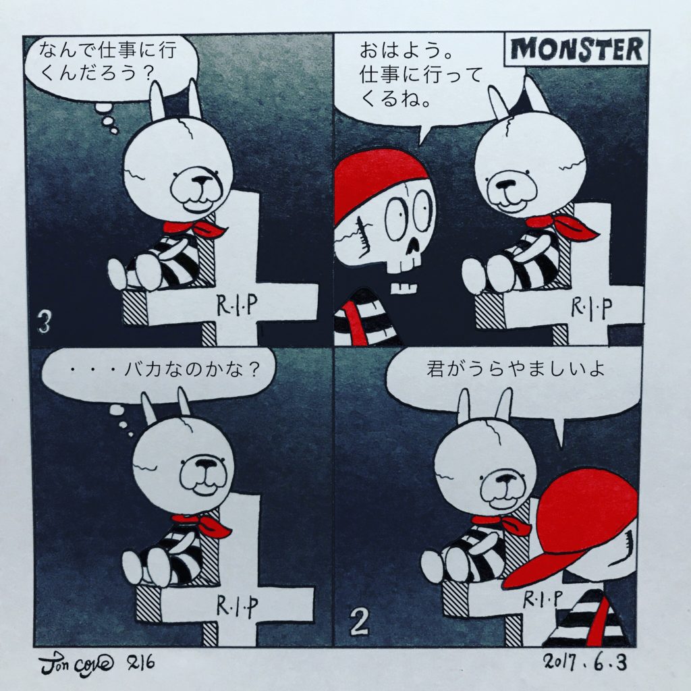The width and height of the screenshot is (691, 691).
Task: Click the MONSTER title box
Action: click(576, 48)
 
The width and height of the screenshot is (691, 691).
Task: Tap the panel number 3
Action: click(45, 322)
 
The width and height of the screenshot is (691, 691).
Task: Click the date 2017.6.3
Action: click(584, 661)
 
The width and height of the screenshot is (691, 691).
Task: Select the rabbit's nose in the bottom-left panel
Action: click(204, 464)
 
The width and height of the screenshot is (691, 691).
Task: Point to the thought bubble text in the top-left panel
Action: click(107, 61)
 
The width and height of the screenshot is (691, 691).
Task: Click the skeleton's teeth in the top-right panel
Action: click(405, 288)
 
